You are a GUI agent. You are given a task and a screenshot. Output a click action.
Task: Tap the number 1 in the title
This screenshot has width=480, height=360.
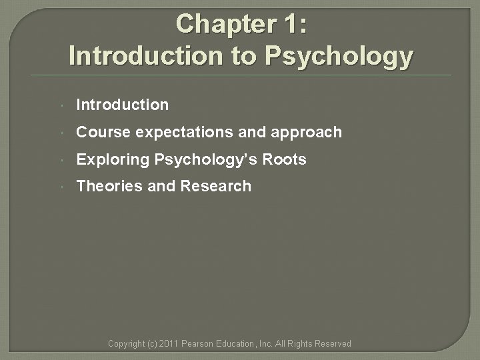click(x=292, y=24)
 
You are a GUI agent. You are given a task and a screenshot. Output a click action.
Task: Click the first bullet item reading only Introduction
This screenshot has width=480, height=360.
click(x=123, y=105)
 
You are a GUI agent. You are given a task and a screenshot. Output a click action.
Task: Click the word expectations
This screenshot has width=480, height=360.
click(x=184, y=132)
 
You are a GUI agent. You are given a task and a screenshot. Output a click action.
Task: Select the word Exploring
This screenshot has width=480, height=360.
click(x=113, y=159)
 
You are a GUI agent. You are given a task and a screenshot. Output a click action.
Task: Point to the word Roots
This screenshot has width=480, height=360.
click(x=284, y=159)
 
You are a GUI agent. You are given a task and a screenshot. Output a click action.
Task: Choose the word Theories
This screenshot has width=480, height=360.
click(x=109, y=186)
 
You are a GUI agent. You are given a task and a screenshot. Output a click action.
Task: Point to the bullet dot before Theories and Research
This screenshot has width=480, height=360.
click(x=61, y=187)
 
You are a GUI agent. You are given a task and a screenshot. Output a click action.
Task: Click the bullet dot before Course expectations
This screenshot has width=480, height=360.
click(x=61, y=133)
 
